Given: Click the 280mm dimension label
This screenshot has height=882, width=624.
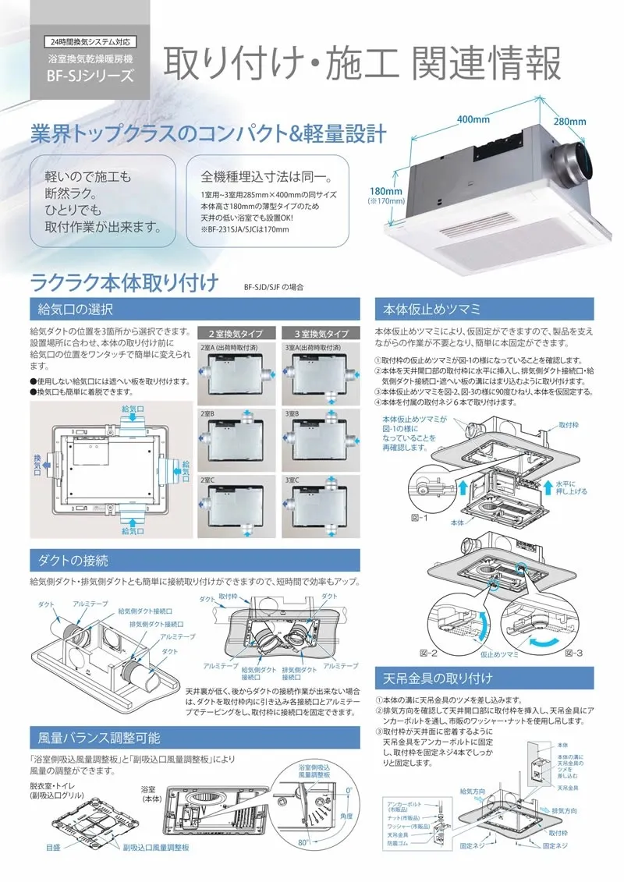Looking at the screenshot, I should (569, 122).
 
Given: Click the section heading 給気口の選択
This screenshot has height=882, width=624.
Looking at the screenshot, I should (76, 309).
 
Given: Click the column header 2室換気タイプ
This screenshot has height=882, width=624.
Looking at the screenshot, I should (233, 332).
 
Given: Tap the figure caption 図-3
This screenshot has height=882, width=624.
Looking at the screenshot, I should (573, 651).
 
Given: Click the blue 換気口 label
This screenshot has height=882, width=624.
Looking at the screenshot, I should (37, 461).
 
